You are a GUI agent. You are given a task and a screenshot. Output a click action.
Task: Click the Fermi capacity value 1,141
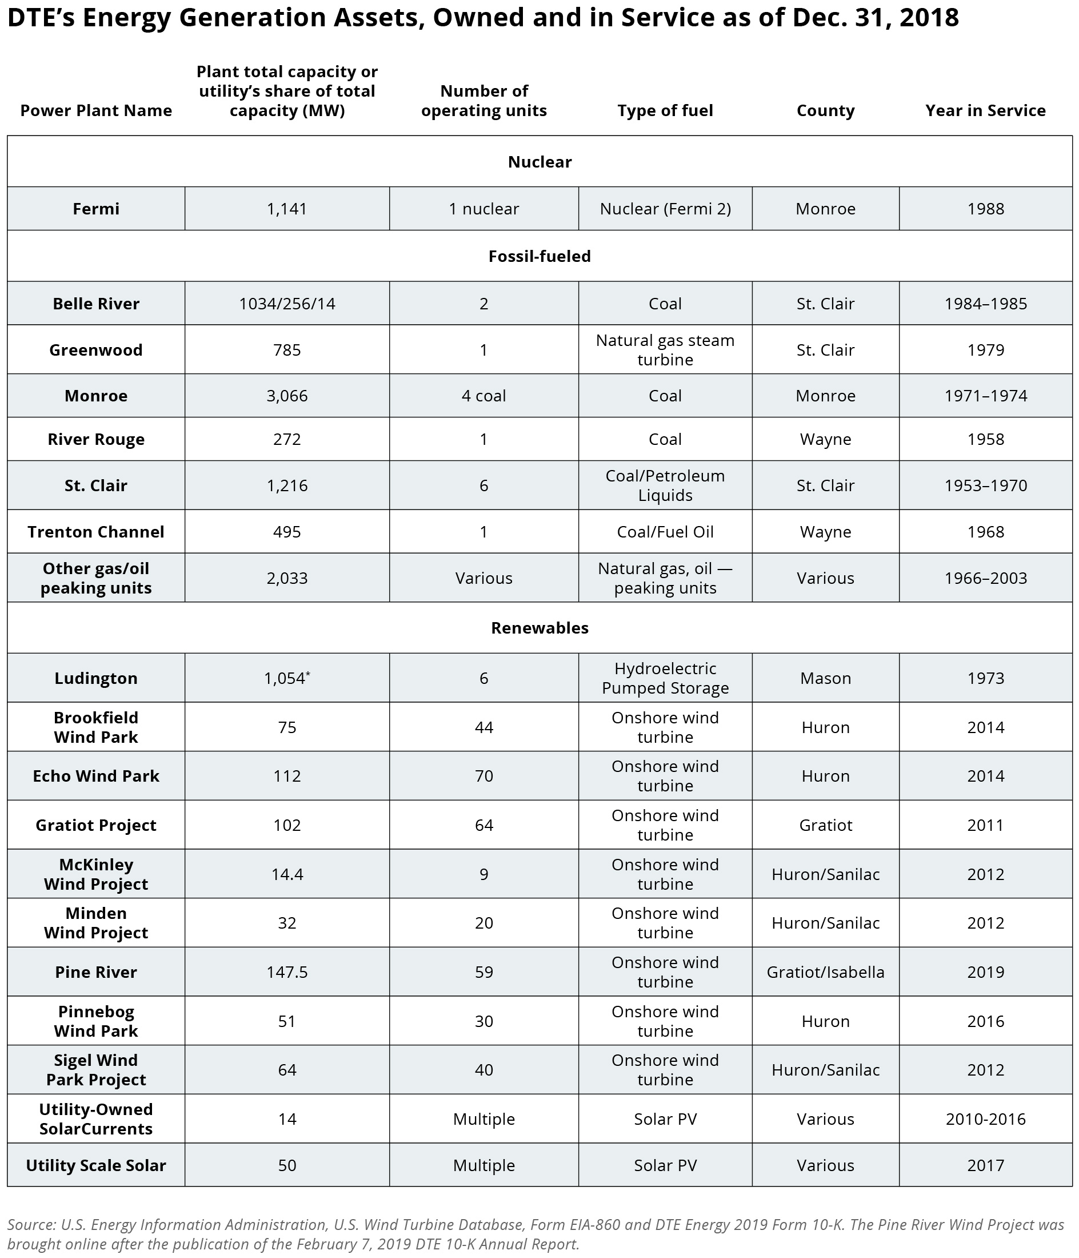(286, 209)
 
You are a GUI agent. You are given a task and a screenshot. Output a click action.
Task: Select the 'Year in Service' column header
(985, 110)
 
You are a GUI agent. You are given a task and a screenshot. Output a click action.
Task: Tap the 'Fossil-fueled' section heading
(539, 256)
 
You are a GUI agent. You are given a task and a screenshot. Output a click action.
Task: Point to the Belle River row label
(96, 304)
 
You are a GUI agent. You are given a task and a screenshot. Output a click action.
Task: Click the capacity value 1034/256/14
(286, 304)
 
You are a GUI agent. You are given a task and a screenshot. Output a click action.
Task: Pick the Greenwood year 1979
(985, 350)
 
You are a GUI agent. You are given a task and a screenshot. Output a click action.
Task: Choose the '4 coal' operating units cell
(483, 396)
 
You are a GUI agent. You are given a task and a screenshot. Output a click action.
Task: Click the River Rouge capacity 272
(286, 439)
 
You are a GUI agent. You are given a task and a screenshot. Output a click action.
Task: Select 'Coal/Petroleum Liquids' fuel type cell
(665, 485)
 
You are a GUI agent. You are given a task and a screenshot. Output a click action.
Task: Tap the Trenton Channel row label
(96, 532)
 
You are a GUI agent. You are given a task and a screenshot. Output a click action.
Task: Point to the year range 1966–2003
(985, 578)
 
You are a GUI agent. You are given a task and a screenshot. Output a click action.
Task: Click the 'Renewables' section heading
(539, 628)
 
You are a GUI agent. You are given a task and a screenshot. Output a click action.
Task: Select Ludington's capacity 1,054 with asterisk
(286, 678)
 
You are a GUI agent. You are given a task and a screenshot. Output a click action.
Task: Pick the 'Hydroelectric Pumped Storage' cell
(665, 678)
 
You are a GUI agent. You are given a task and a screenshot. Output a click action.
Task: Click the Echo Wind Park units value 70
(483, 776)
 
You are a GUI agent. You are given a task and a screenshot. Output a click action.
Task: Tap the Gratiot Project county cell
(825, 825)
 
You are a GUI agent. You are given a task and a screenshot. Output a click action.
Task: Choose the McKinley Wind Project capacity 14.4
(286, 874)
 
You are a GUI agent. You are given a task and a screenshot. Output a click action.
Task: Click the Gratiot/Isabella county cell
(825, 972)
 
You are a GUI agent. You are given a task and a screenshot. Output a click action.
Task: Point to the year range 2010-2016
(985, 1119)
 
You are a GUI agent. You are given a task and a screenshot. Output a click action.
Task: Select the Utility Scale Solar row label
(96, 1165)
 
